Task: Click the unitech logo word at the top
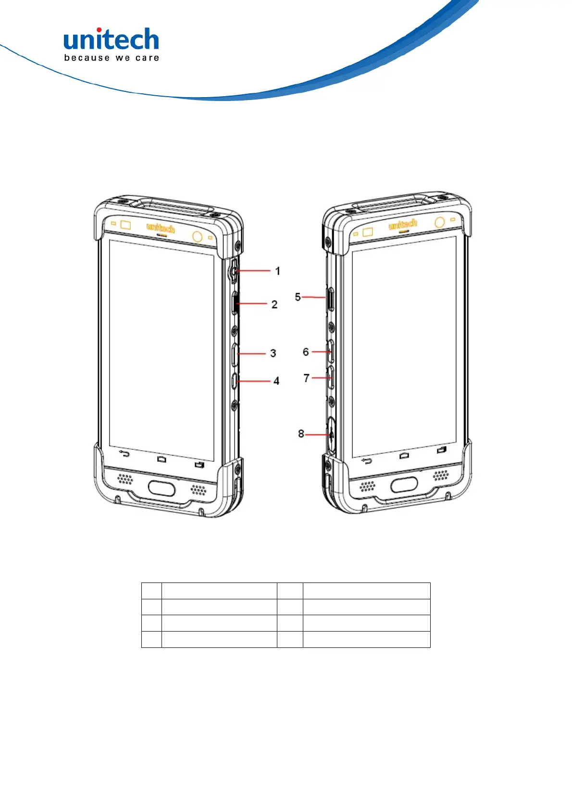pyautogui.click(x=111, y=40)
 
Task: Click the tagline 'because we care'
pyautogui.click(x=111, y=58)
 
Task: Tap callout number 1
pyautogui.click(x=277, y=271)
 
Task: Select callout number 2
pyautogui.click(x=274, y=304)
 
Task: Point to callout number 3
pyautogui.click(x=273, y=354)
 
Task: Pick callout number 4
pyautogui.click(x=276, y=381)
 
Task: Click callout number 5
pyautogui.click(x=298, y=297)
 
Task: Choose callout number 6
pyautogui.click(x=306, y=352)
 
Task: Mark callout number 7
pyautogui.click(x=307, y=378)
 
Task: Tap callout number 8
pyautogui.click(x=301, y=434)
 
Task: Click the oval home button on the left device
pyautogui.click(x=162, y=488)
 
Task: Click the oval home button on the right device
pyautogui.click(x=404, y=485)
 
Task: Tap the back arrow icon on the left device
pyautogui.click(x=125, y=454)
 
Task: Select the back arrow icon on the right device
pyautogui.click(x=367, y=461)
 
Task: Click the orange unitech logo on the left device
pyautogui.click(x=161, y=227)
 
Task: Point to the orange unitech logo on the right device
pyautogui.click(x=403, y=225)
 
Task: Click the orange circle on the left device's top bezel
pyautogui.click(x=197, y=237)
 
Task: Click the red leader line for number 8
pyautogui.click(x=317, y=434)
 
